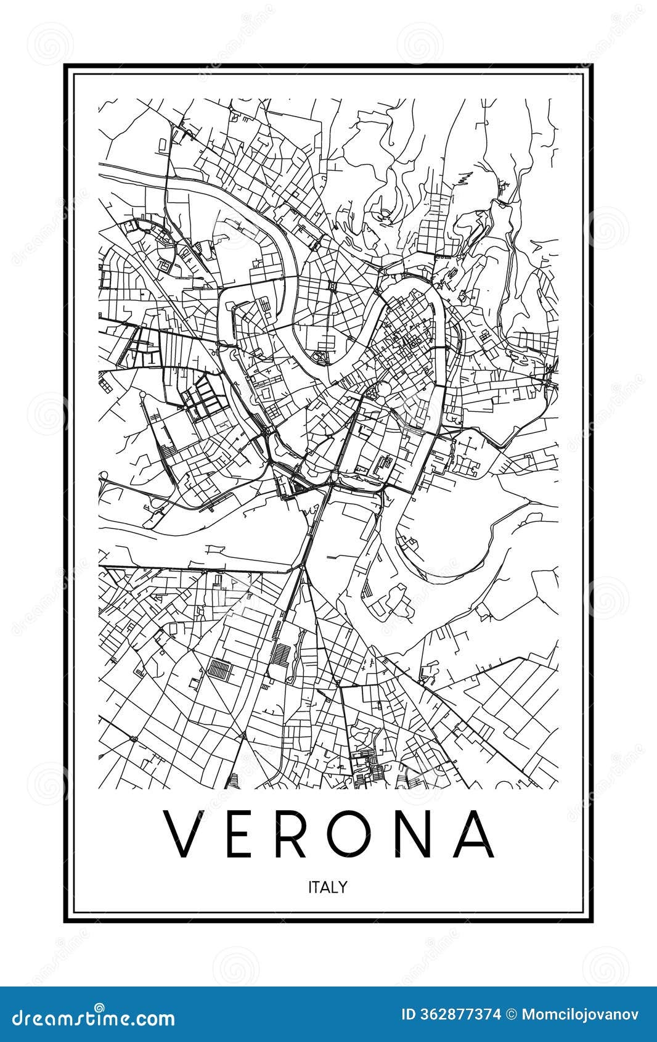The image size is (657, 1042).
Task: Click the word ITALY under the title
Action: click(328, 887)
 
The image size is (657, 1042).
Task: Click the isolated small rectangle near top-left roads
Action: click(161, 144)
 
